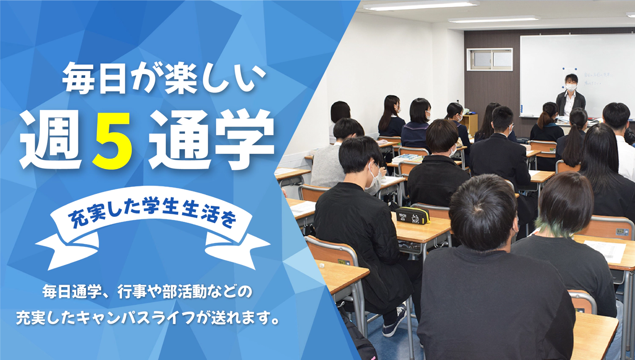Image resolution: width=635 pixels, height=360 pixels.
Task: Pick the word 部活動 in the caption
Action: (183, 292)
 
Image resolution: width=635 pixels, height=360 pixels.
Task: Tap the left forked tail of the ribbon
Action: (63, 250)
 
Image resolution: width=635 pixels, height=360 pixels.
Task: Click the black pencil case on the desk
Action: (413, 216)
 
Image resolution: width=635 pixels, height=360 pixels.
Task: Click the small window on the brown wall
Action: (489, 59)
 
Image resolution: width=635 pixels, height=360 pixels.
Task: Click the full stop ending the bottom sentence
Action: (276, 321)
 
